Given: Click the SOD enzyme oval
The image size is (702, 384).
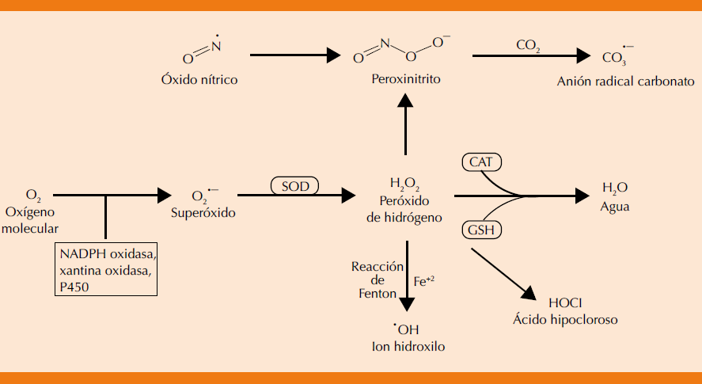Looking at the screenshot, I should pos(294,187).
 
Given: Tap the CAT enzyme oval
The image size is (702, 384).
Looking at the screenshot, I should pos(481,162).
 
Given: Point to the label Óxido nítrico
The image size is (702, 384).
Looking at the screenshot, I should pos(199,81).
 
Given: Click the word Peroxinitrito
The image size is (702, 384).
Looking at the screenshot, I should pos(405,81).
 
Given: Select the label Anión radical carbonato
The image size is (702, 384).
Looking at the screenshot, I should pos(625,81).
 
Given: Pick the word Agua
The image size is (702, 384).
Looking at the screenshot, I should pos(614,206).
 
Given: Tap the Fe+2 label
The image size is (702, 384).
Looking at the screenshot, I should pos(425,280).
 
